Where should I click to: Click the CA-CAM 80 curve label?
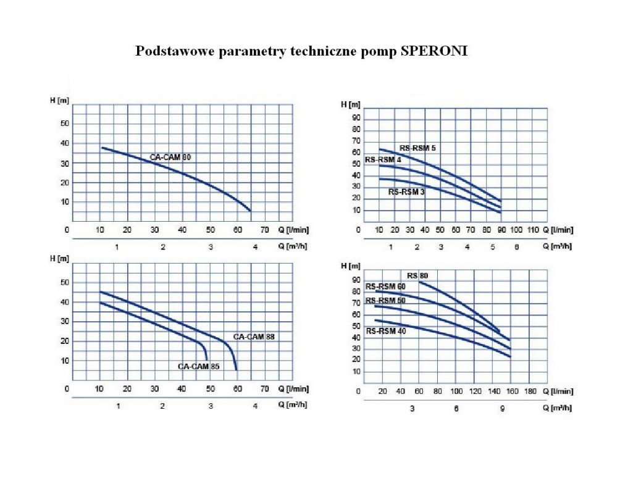170,157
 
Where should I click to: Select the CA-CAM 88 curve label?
254,337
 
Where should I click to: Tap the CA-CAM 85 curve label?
199,366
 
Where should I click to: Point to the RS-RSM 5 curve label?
418,148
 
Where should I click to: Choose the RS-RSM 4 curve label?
383,160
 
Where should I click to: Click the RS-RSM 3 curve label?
406,192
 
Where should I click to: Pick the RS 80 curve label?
417,275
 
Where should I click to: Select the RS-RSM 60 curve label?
385,287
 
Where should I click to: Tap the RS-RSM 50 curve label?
385,301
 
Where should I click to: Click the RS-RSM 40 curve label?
385,331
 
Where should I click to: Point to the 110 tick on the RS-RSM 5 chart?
533,230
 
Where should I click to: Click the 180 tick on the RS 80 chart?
530,391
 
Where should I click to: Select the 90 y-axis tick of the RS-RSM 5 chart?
356,118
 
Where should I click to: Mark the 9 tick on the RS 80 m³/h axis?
502,409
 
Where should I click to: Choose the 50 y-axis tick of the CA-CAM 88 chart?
64,283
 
